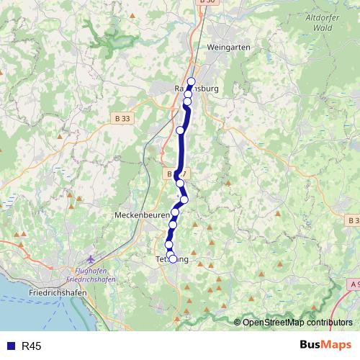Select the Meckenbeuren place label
coord(141,215)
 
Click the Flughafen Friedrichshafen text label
coord(87,274)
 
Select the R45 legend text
coord(32,346)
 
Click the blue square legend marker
coord(10,346)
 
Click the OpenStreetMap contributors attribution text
coord(297,323)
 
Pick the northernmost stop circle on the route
coord(191,81)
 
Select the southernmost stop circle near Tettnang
coord(172,259)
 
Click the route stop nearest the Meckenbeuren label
coord(174,213)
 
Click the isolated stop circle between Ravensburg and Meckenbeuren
coord(180,130)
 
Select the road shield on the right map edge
coord(354,220)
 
